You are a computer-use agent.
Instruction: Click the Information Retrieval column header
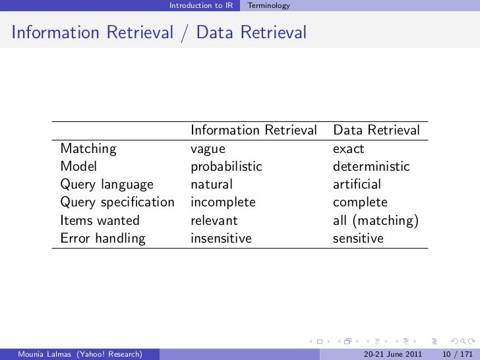point(254,131)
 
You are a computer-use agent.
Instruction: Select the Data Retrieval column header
point(376,131)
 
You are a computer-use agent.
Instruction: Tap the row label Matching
point(88,149)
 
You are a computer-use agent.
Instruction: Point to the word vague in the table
point(208,149)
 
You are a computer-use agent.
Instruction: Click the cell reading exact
point(348,149)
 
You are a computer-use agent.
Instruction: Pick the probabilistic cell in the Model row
point(226,167)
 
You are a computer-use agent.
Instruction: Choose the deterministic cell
point(371,167)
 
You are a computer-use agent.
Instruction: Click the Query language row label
point(107,185)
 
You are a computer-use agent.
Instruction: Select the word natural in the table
point(212,185)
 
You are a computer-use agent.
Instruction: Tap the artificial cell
point(357,185)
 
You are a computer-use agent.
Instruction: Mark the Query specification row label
point(117,202)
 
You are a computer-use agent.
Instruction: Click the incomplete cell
point(223,202)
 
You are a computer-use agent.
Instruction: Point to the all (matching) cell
point(376,221)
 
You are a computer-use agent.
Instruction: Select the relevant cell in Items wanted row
point(214,221)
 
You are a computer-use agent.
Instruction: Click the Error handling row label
point(102,239)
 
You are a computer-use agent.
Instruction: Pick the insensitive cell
point(221,239)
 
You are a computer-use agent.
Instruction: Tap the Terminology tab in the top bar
point(268,6)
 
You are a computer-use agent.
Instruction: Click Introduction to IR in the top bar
point(200,6)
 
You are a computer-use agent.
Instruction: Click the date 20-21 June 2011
point(393,354)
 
